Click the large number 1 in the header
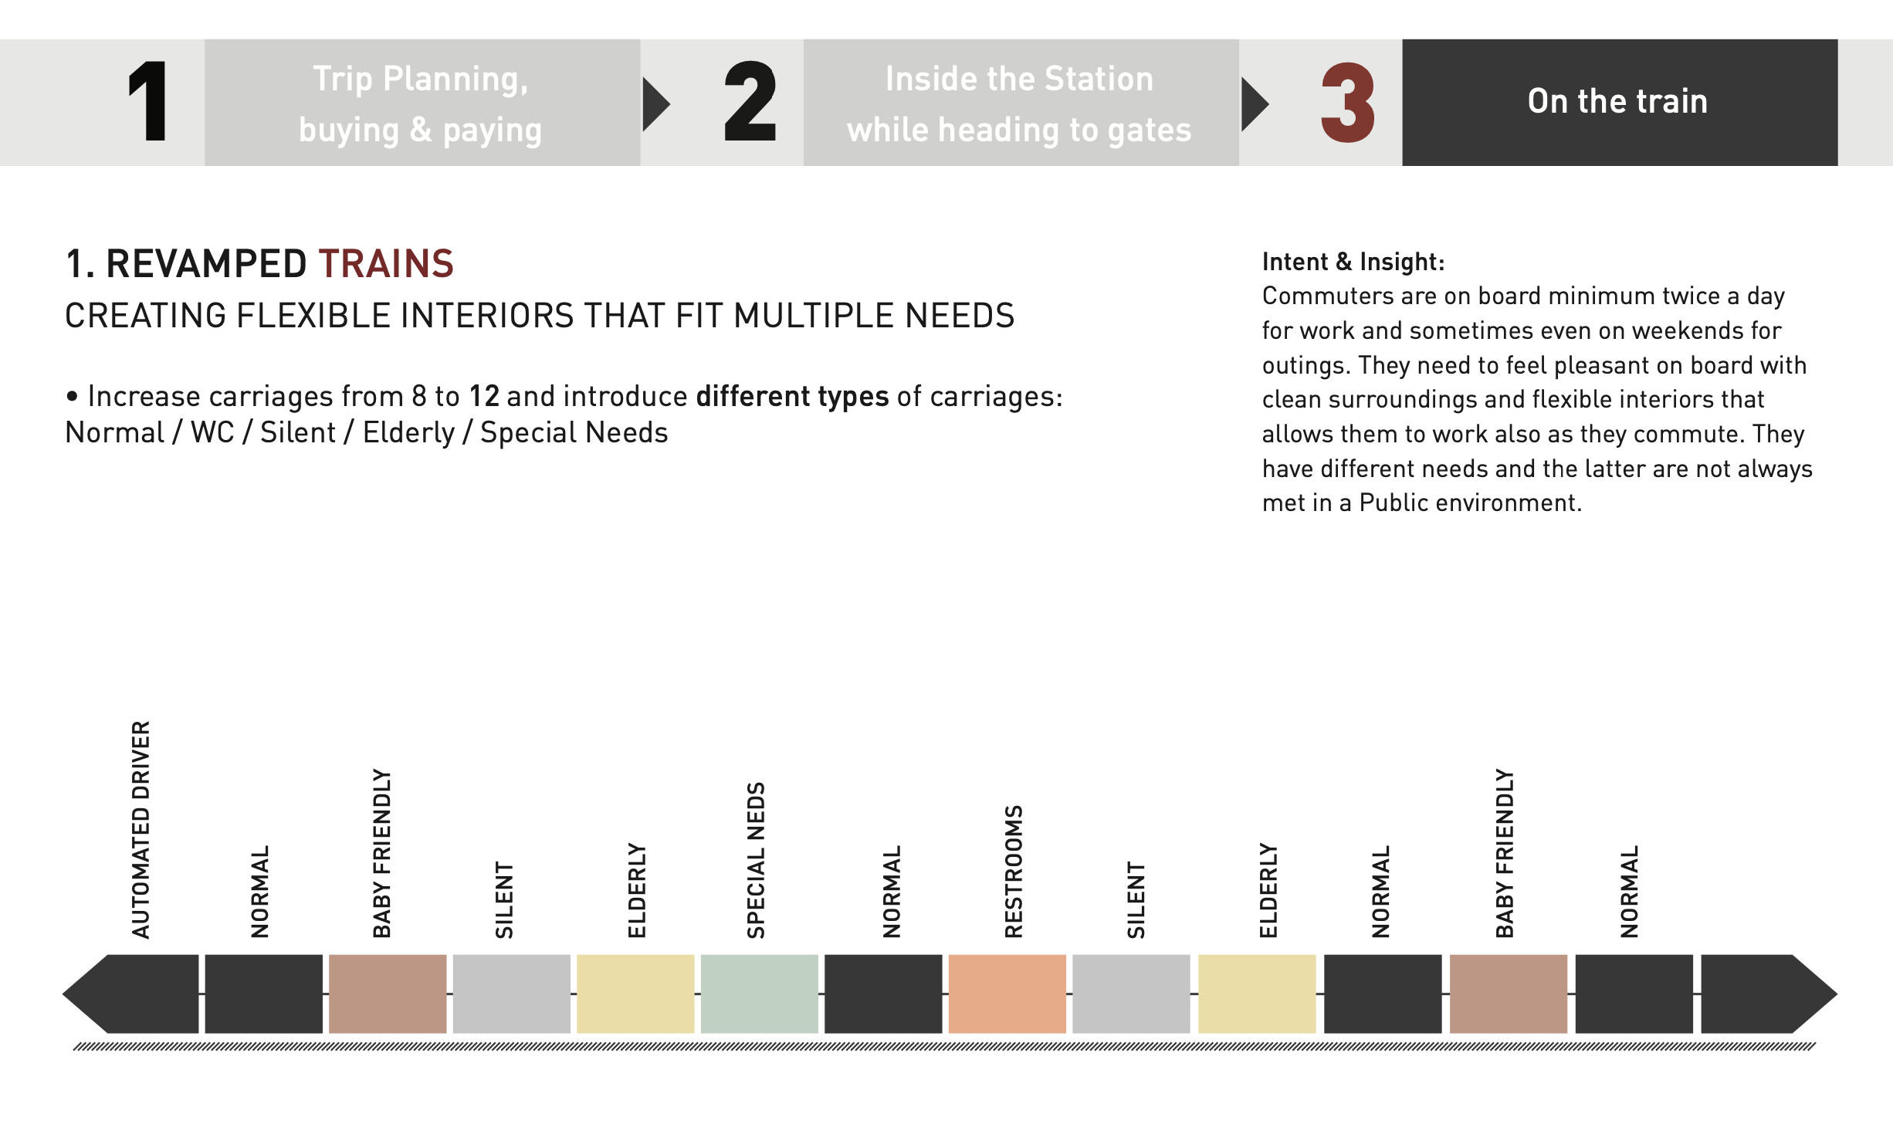click(x=148, y=102)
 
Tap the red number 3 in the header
click(x=1348, y=103)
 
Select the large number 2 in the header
click(x=750, y=102)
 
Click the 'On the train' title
click(x=1617, y=101)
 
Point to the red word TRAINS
click(x=386, y=264)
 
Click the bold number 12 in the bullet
click(x=484, y=396)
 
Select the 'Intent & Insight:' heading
click(x=1353, y=262)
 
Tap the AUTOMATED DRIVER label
click(x=141, y=830)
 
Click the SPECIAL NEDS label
click(x=756, y=860)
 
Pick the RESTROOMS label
click(x=1014, y=872)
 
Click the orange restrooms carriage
click(x=1007, y=994)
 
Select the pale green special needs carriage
click(x=759, y=994)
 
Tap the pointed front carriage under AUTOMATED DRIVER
click(x=131, y=994)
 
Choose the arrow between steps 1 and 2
click(x=656, y=103)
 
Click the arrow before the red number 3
click(x=1255, y=103)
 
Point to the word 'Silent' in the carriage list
click(x=298, y=432)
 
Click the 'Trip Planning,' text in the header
click(x=421, y=80)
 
